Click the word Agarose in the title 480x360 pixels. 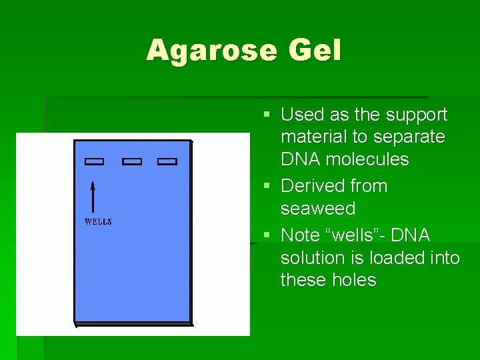click(210, 51)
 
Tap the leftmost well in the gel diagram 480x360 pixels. click(95, 161)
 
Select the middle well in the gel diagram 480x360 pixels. click(132, 161)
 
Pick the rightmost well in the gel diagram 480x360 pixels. click(167, 161)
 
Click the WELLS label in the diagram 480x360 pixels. click(98, 222)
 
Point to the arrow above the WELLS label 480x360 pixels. click(93, 196)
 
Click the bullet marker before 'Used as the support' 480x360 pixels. click(267, 115)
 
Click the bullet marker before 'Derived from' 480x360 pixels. click(267, 187)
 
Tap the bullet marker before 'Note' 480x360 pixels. click(267, 236)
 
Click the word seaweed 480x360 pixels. click(317, 209)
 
